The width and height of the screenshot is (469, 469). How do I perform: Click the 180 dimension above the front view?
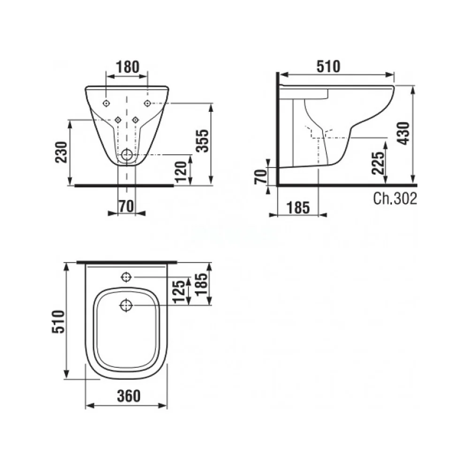point(128,67)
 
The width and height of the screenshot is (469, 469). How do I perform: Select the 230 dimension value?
point(62,152)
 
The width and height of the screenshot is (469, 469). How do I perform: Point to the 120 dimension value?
point(181,172)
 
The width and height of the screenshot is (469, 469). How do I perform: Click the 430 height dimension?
point(404,133)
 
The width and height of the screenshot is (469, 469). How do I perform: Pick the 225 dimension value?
point(378,163)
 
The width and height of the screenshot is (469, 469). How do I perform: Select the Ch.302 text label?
point(395,198)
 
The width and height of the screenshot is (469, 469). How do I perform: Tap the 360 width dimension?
point(129,396)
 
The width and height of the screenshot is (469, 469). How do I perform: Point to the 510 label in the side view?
point(328,67)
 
